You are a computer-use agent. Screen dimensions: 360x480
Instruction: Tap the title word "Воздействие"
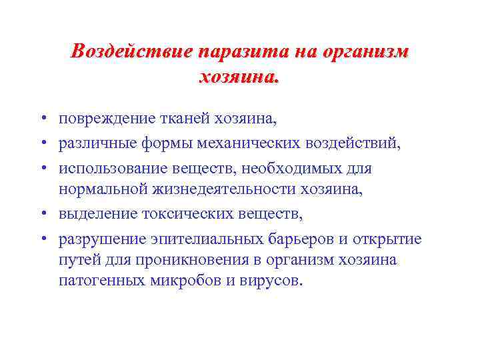132,51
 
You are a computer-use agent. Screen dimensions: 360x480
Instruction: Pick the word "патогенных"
99,281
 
